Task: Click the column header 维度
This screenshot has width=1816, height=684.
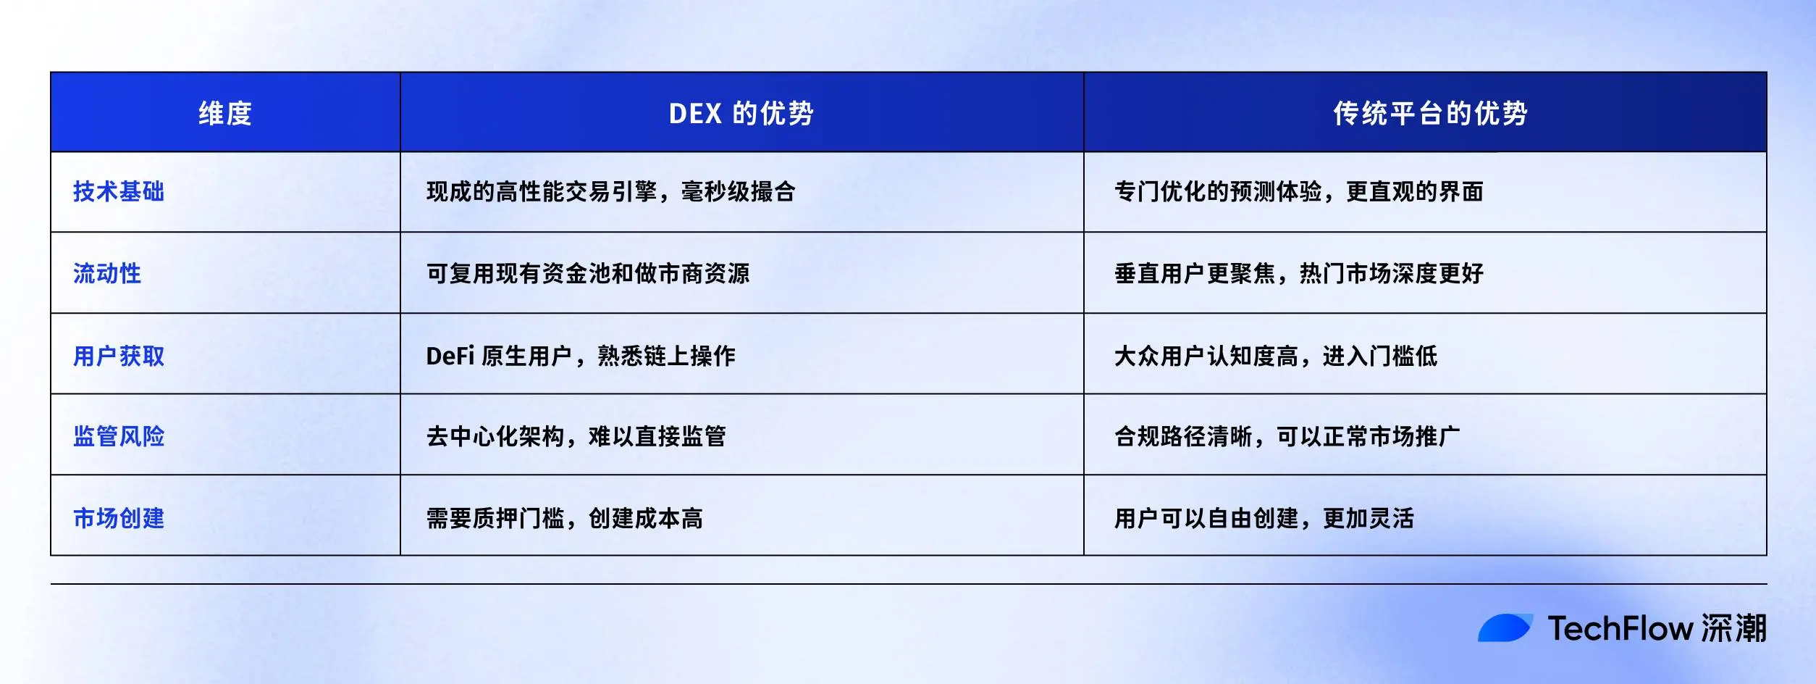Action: pos(225,113)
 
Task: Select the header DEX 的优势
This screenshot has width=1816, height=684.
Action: pos(741,113)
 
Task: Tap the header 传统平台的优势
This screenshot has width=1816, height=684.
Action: pos(1430,113)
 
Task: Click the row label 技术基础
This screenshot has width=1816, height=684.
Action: pos(119,191)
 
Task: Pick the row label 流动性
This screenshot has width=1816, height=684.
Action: pos(107,273)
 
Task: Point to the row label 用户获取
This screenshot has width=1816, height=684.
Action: pos(119,356)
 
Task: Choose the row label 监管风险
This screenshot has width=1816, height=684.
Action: pos(119,436)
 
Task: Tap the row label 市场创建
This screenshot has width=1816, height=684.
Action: pos(119,518)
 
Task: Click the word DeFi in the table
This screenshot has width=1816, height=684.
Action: pos(450,356)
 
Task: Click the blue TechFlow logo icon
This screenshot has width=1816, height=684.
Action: pos(1505,627)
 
